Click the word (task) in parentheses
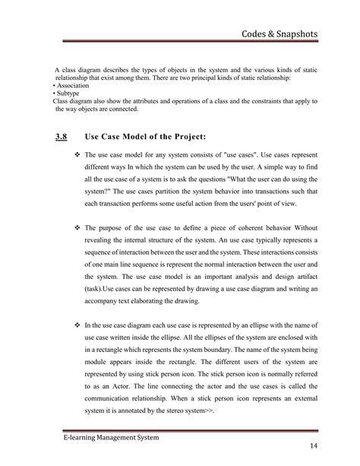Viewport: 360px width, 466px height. click(x=96, y=290)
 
